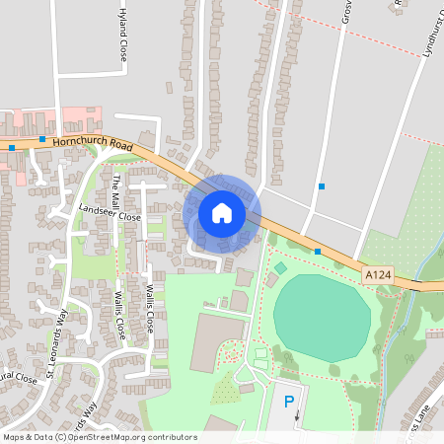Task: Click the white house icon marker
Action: [222, 212]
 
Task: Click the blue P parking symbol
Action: [289, 401]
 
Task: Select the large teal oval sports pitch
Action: [322, 318]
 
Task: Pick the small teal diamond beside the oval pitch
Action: [280, 267]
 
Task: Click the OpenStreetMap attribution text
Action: [99, 437]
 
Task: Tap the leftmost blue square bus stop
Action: [12, 148]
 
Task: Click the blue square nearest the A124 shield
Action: [318, 252]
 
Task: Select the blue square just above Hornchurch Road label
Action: [42, 140]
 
